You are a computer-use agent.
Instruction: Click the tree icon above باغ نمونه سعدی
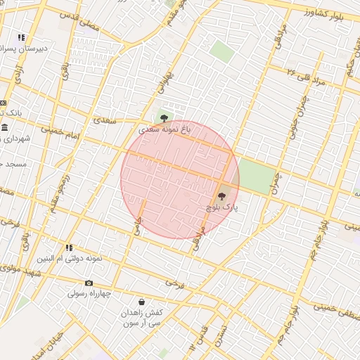click(x=165, y=118)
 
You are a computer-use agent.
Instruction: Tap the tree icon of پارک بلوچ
click(x=222, y=197)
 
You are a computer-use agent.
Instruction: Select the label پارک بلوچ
click(x=222, y=208)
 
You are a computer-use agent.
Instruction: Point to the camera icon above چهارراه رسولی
click(x=89, y=283)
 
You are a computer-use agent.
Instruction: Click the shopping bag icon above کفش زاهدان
click(x=143, y=302)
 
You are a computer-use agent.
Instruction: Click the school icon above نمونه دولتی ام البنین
click(x=69, y=247)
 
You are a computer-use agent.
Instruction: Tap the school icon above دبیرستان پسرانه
click(x=22, y=37)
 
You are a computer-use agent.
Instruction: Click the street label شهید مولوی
click(x=20, y=271)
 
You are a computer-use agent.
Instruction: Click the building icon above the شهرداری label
click(x=5, y=127)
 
